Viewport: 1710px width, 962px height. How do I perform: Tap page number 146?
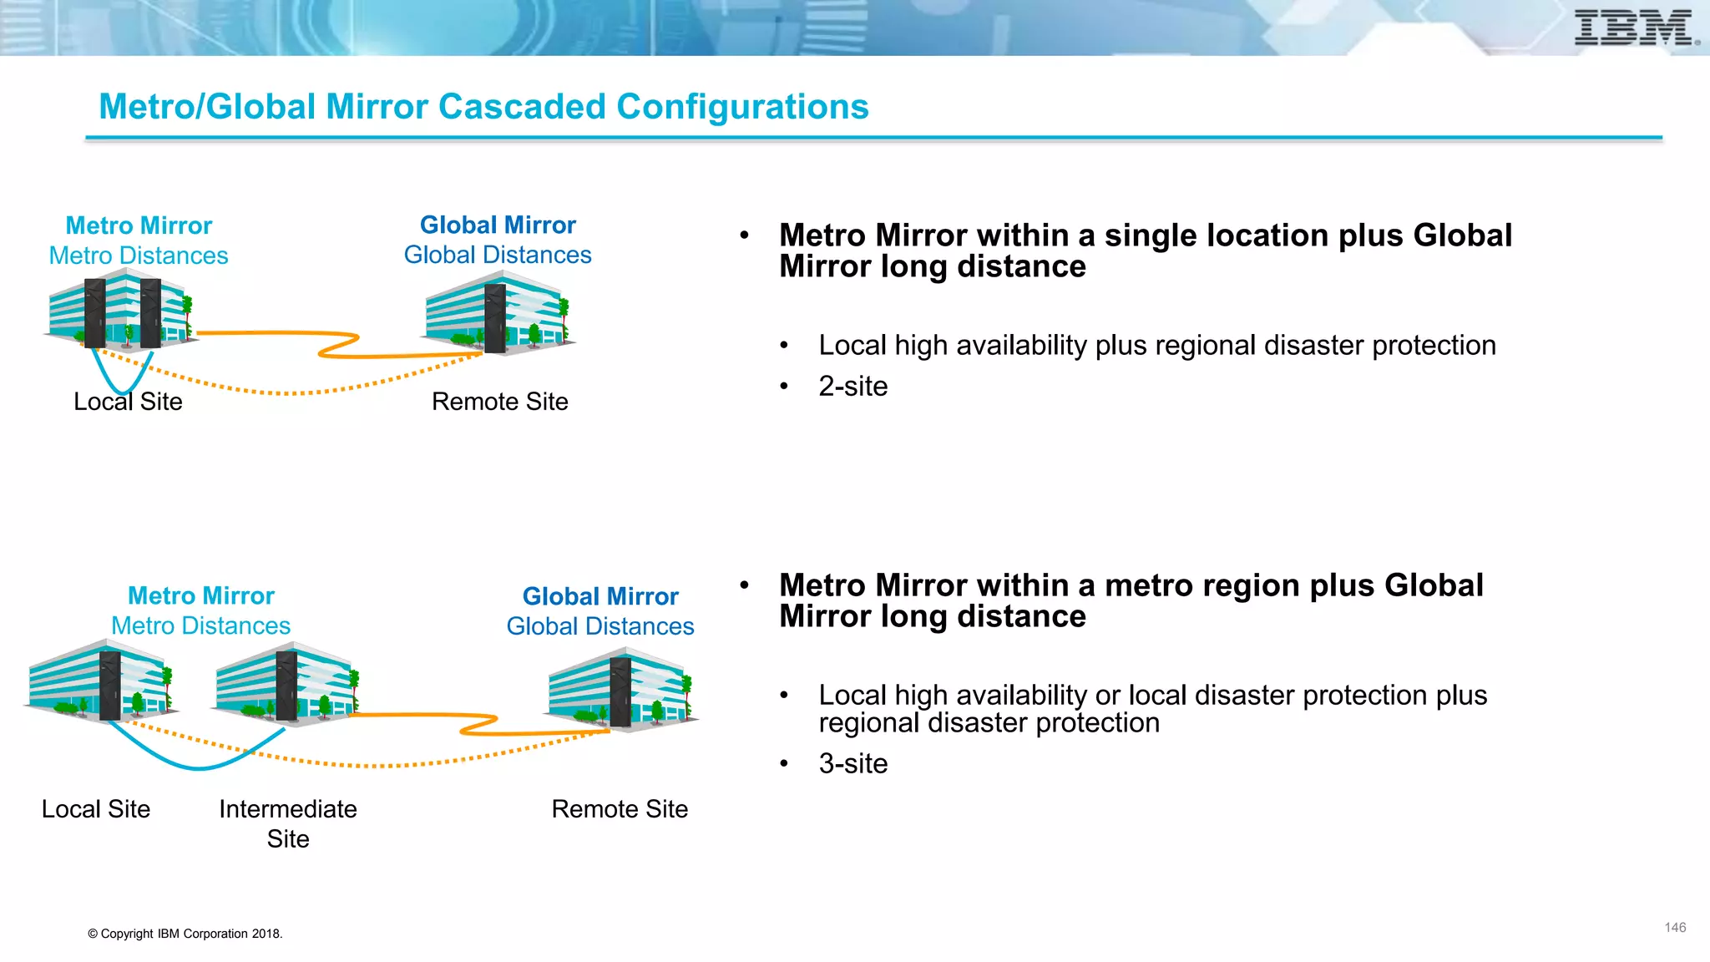pos(1674,928)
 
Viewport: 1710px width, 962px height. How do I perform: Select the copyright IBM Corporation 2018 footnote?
pos(185,934)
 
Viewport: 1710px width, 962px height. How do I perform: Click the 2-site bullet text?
pos(852,387)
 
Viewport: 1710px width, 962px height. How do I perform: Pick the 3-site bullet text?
pos(852,764)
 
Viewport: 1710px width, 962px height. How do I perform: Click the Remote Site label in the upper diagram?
pos(499,402)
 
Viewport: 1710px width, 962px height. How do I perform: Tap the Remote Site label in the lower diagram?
pos(620,809)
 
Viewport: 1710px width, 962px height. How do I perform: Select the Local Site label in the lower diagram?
pos(96,809)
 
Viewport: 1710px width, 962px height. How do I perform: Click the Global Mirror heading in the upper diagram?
pos(498,225)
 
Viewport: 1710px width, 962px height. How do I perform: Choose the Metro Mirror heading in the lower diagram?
pos(200,596)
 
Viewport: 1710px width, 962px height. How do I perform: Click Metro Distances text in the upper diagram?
pos(139,256)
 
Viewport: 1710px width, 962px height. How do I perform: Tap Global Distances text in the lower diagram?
pos(600,626)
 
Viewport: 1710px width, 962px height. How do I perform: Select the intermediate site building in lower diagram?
pos(286,682)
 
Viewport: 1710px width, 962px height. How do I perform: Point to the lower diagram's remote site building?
pos(620,689)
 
